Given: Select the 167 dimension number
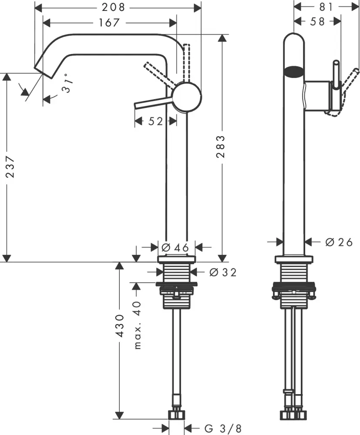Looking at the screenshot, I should coord(109,22).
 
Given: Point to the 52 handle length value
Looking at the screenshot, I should coord(155,121).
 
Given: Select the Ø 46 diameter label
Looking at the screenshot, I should coord(175,247).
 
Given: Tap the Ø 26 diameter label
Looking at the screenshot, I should coord(339,242).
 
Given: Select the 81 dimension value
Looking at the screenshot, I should coord(323,7).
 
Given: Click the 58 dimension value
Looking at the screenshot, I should coord(318,21).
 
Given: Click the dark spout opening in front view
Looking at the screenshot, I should coord(294,71).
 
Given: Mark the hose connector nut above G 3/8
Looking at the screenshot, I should coord(176,414).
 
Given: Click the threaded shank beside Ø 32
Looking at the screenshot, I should coord(177,273).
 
